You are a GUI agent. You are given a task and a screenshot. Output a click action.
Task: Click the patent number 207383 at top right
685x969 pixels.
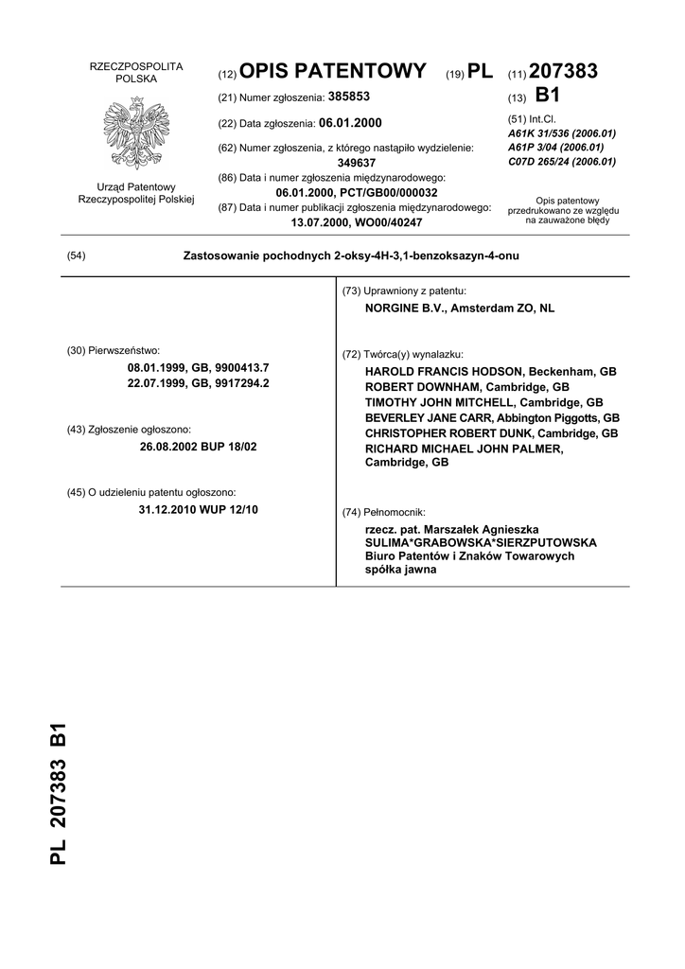[x=564, y=71]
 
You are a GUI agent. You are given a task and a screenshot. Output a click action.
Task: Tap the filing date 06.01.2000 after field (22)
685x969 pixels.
[x=351, y=123]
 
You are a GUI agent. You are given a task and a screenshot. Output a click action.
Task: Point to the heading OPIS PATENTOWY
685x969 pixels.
[x=333, y=71]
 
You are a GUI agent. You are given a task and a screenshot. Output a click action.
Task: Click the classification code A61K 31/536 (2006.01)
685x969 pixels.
[x=562, y=133]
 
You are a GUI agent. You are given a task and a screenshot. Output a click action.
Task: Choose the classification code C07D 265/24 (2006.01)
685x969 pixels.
[x=562, y=162]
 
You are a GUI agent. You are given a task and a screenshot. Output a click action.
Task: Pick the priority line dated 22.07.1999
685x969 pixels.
[x=198, y=383]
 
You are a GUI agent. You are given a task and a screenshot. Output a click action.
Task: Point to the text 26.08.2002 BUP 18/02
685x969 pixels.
[x=198, y=446]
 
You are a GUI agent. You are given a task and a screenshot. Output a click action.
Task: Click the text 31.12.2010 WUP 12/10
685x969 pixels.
[x=198, y=509]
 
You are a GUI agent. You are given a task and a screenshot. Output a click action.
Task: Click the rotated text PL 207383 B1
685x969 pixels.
[x=58, y=793]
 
